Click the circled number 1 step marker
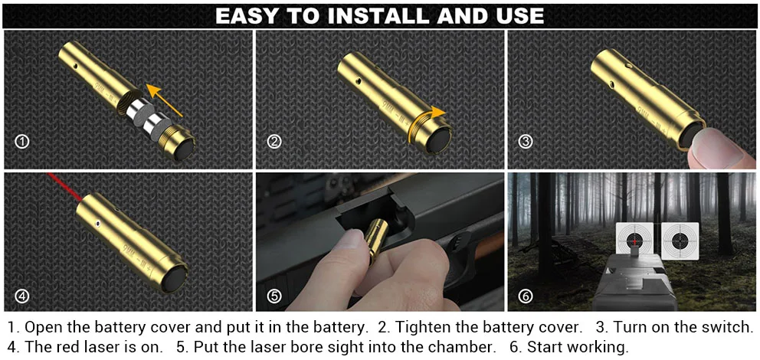tap(22, 142)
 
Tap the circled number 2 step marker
tap(274, 142)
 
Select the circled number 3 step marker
tap(526, 142)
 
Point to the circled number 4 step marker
tap(22, 296)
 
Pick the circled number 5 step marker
tap(274, 296)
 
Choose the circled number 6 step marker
tap(526, 296)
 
